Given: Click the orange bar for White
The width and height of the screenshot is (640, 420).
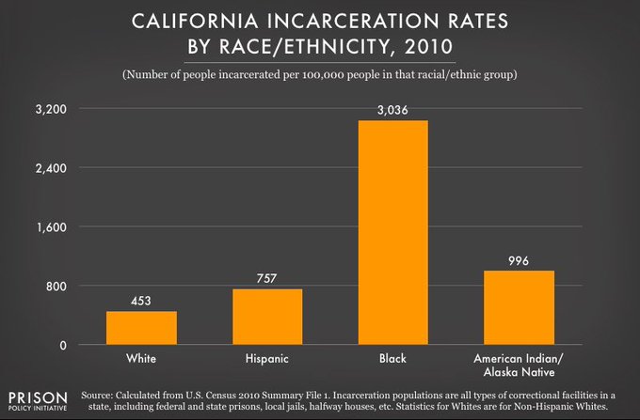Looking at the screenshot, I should point(141,328).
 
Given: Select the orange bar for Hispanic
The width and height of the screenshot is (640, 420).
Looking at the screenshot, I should point(268,317).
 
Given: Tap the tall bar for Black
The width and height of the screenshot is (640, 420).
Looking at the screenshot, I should point(392,232).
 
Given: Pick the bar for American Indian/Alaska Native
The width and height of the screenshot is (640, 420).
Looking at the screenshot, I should point(519,307).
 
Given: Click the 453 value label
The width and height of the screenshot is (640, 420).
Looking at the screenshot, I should point(141,301).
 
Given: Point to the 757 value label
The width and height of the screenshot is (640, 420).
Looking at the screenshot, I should point(268,278).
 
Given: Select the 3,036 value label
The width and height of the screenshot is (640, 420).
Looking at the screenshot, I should point(392,110).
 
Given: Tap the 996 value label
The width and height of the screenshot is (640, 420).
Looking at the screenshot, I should point(519,260).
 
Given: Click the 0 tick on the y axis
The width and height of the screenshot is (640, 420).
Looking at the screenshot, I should point(62,345).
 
